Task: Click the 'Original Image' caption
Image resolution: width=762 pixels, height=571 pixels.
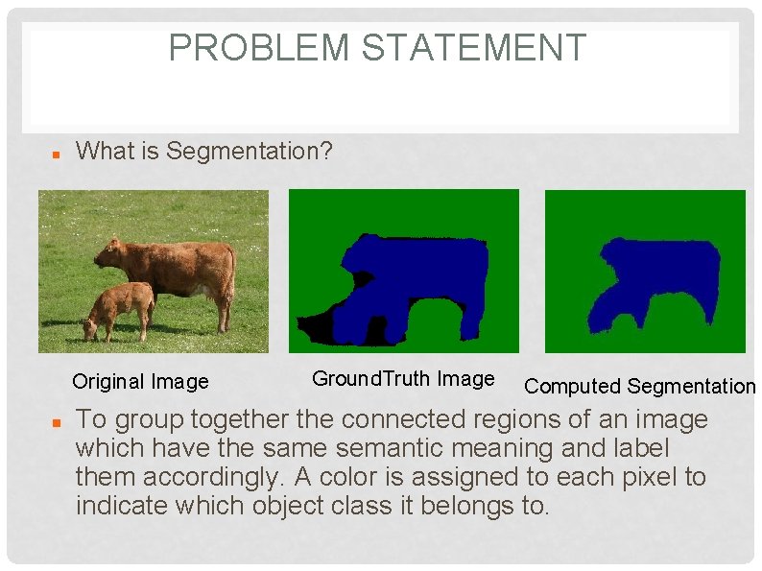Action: click(x=140, y=382)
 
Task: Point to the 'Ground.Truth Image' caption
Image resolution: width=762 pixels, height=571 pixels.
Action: click(x=403, y=379)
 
